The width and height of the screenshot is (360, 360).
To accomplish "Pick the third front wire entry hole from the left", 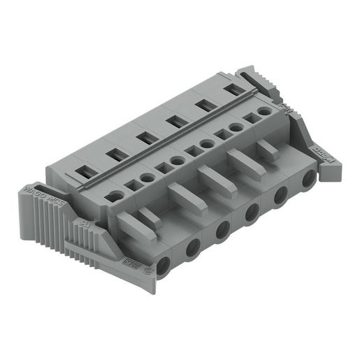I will (x=223, y=230).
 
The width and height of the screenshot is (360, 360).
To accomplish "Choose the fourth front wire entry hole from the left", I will (x=252, y=214).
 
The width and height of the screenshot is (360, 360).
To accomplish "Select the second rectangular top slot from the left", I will (x=115, y=153).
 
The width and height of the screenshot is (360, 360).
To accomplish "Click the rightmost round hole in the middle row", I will (x=264, y=111).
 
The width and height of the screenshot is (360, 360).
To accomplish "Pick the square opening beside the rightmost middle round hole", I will (x=250, y=120).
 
